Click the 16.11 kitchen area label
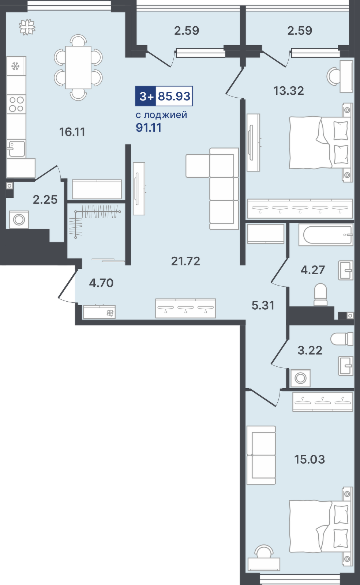click(72, 132)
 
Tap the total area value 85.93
click(174, 96)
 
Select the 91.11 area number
click(149, 128)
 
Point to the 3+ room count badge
click(146, 97)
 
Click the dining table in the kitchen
click(78, 67)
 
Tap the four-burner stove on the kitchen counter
click(16, 104)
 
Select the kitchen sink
click(16, 148)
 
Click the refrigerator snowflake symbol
click(15, 66)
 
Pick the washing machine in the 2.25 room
click(19, 219)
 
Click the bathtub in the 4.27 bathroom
click(326, 234)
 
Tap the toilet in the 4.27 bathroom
click(320, 295)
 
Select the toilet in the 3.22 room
click(342, 339)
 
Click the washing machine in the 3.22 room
click(300, 378)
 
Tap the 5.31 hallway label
click(263, 305)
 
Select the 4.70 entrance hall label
click(101, 283)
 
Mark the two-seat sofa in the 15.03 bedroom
click(261, 455)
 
